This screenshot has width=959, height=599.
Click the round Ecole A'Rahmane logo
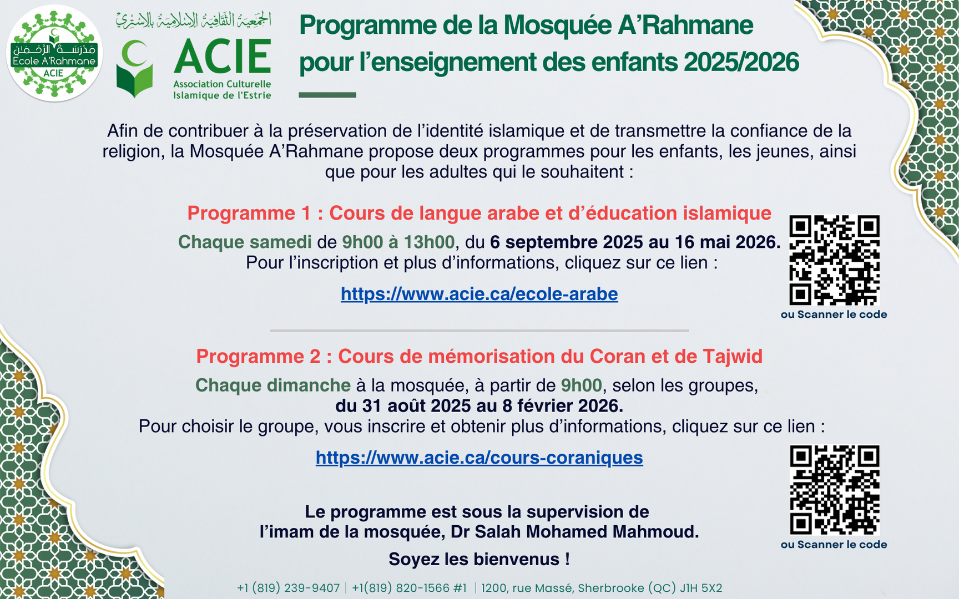pyautogui.click(x=54, y=53)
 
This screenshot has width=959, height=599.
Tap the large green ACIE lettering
pyautogui.click(x=223, y=56)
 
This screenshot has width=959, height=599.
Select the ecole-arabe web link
pyautogui.click(x=479, y=294)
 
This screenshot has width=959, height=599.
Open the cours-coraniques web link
pyautogui.click(x=479, y=458)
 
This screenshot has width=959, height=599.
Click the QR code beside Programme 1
pyautogui.click(x=834, y=260)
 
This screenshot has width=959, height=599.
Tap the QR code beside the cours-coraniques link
pyautogui.click(x=834, y=490)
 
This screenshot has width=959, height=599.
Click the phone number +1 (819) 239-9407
pyautogui.click(x=288, y=588)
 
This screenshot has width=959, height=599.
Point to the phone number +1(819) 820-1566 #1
pyautogui.click(x=409, y=588)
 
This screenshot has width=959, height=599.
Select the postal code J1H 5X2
pyautogui.click(x=701, y=588)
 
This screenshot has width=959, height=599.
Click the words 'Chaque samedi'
pyautogui.click(x=245, y=242)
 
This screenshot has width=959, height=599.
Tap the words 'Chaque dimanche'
pyautogui.click(x=272, y=385)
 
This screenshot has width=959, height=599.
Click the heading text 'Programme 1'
pyautogui.click(x=249, y=214)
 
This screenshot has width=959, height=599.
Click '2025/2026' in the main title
pyautogui.click(x=741, y=62)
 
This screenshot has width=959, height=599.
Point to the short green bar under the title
pyautogui.click(x=327, y=95)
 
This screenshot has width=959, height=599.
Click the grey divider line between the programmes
pyautogui.click(x=479, y=331)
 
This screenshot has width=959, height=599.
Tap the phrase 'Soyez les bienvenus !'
pyautogui.click(x=479, y=559)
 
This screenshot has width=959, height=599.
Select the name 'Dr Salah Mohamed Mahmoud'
pyautogui.click(x=574, y=532)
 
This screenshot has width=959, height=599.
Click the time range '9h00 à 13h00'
pyautogui.click(x=398, y=242)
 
